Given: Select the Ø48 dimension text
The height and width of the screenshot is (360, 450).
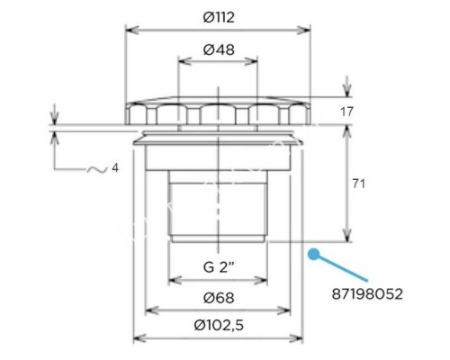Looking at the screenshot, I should [220, 50].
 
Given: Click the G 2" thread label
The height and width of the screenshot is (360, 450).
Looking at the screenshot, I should [220, 267].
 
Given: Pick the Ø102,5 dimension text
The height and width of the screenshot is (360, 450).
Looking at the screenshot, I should [220, 324].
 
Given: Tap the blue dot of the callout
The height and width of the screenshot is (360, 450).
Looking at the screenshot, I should [313, 254].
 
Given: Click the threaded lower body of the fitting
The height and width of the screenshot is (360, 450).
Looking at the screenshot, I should [220, 207].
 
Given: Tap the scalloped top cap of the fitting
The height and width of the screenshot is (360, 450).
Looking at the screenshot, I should [220, 112].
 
